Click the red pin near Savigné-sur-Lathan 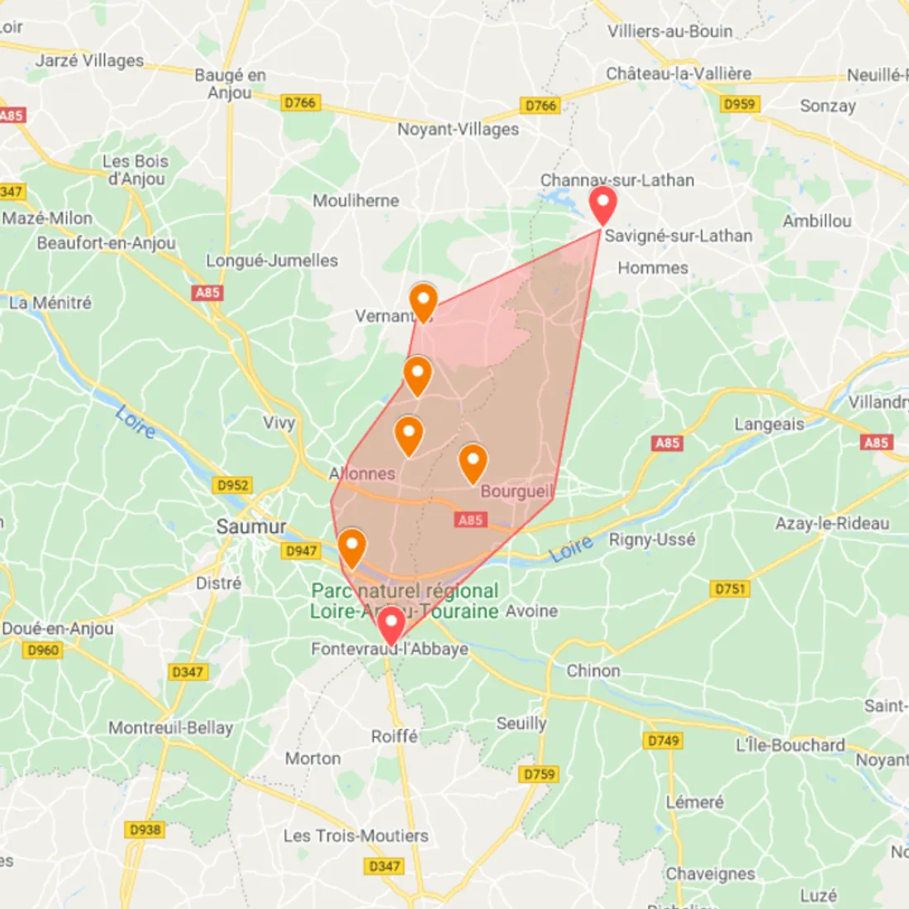click(x=602, y=204)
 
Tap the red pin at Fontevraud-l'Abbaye click(x=391, y=623)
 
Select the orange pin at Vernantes click(x=423, y=302)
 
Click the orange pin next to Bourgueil click(x=473, y=462)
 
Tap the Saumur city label click(x=251, y=526)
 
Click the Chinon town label click(x=593, y=670)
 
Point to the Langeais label click(x=769, y=424)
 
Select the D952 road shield click(x=232, y=485)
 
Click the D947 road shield click(x=301, y=550)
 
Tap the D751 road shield click(x=730, y=588)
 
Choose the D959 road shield click(x=739, y=104)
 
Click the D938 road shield click(x=145, y=829)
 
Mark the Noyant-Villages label click(x=458, y=129)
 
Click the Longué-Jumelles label click(x=272, y=260)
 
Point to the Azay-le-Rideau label click(x=831, y=523)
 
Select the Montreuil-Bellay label click(x=171, y=728)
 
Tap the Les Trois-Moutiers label click(x=355, y=835)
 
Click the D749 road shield click(x=664, y=740)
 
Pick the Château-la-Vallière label click(x=678, y=74)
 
